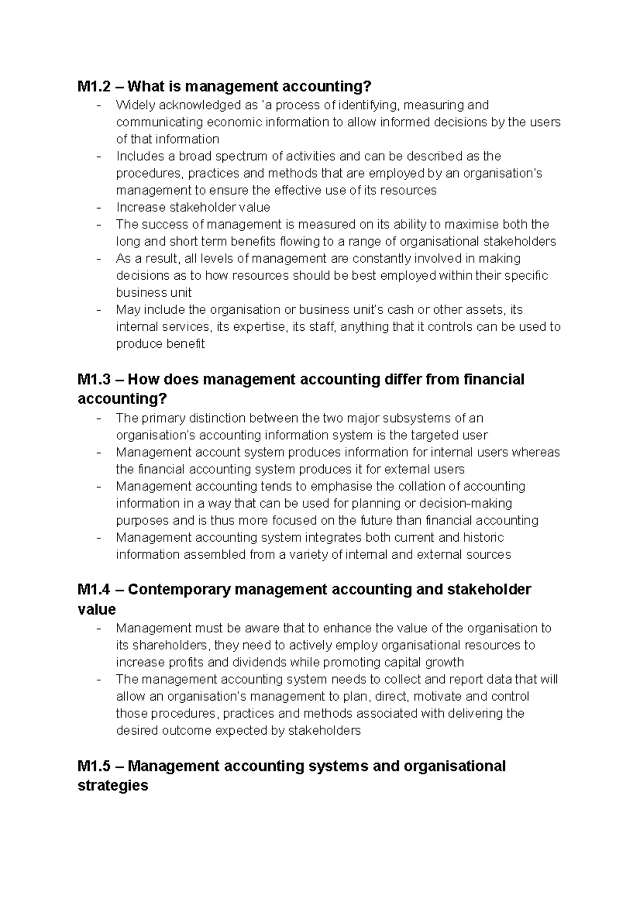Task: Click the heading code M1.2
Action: tap(93, 86)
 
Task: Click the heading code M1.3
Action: tap(93, 379)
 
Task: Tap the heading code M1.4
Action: tap(93, 590)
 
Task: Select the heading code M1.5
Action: tap(93, 766)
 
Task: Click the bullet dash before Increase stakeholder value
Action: tap(99, 208)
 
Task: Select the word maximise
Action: tap(473, 225)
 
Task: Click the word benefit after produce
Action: tap(186, 344)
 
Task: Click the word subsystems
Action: tap(406, 418)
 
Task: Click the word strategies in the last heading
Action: tap(113, 786)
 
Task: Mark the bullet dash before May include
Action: tap(99, 310)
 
